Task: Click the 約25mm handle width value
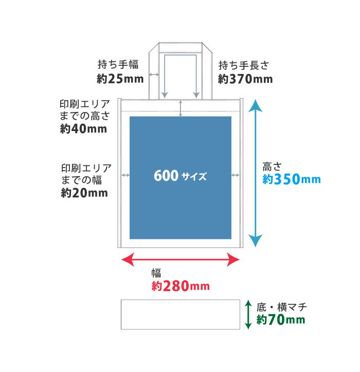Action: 120,79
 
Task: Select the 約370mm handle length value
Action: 245,79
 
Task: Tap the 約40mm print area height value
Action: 84,129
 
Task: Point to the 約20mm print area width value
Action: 84,193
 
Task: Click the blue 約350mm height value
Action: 292,179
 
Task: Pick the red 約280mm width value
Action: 181,286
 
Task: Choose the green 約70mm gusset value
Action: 281,320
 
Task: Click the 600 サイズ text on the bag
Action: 180,176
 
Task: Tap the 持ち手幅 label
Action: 118,65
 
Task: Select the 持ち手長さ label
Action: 244,65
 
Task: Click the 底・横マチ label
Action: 282,307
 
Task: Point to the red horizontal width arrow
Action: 181,259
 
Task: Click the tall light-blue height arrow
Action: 255,173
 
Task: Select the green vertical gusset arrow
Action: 248,314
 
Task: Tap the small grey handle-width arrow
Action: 154,75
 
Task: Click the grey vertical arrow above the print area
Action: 181,108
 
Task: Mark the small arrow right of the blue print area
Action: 236,175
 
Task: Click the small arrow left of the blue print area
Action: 125,175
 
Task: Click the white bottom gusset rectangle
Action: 181,314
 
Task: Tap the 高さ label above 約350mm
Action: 272,167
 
